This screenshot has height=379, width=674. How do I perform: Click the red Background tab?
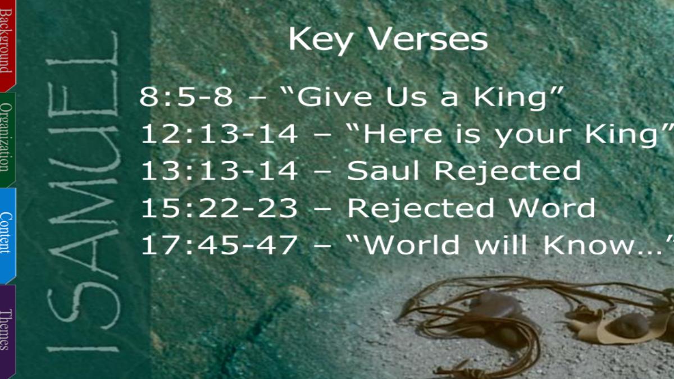tap(7, 45)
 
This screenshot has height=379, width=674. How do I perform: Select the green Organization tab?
tap(7, 140)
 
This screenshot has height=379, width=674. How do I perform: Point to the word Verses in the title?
tap(427, 39)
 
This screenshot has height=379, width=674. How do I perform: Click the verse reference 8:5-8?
tap(186, 97)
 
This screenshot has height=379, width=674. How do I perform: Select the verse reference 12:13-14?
tap(220, 134)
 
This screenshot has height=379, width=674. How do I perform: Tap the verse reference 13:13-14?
tap(220, 171)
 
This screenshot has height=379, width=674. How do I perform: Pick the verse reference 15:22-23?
tap(220, 208)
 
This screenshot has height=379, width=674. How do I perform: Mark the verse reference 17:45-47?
tap(220, 245)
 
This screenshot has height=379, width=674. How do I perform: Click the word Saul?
tap(382, 170)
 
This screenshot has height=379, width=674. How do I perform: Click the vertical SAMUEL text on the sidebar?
tap(83, 193)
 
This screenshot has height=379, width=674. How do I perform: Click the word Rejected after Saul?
tap(508, 171)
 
